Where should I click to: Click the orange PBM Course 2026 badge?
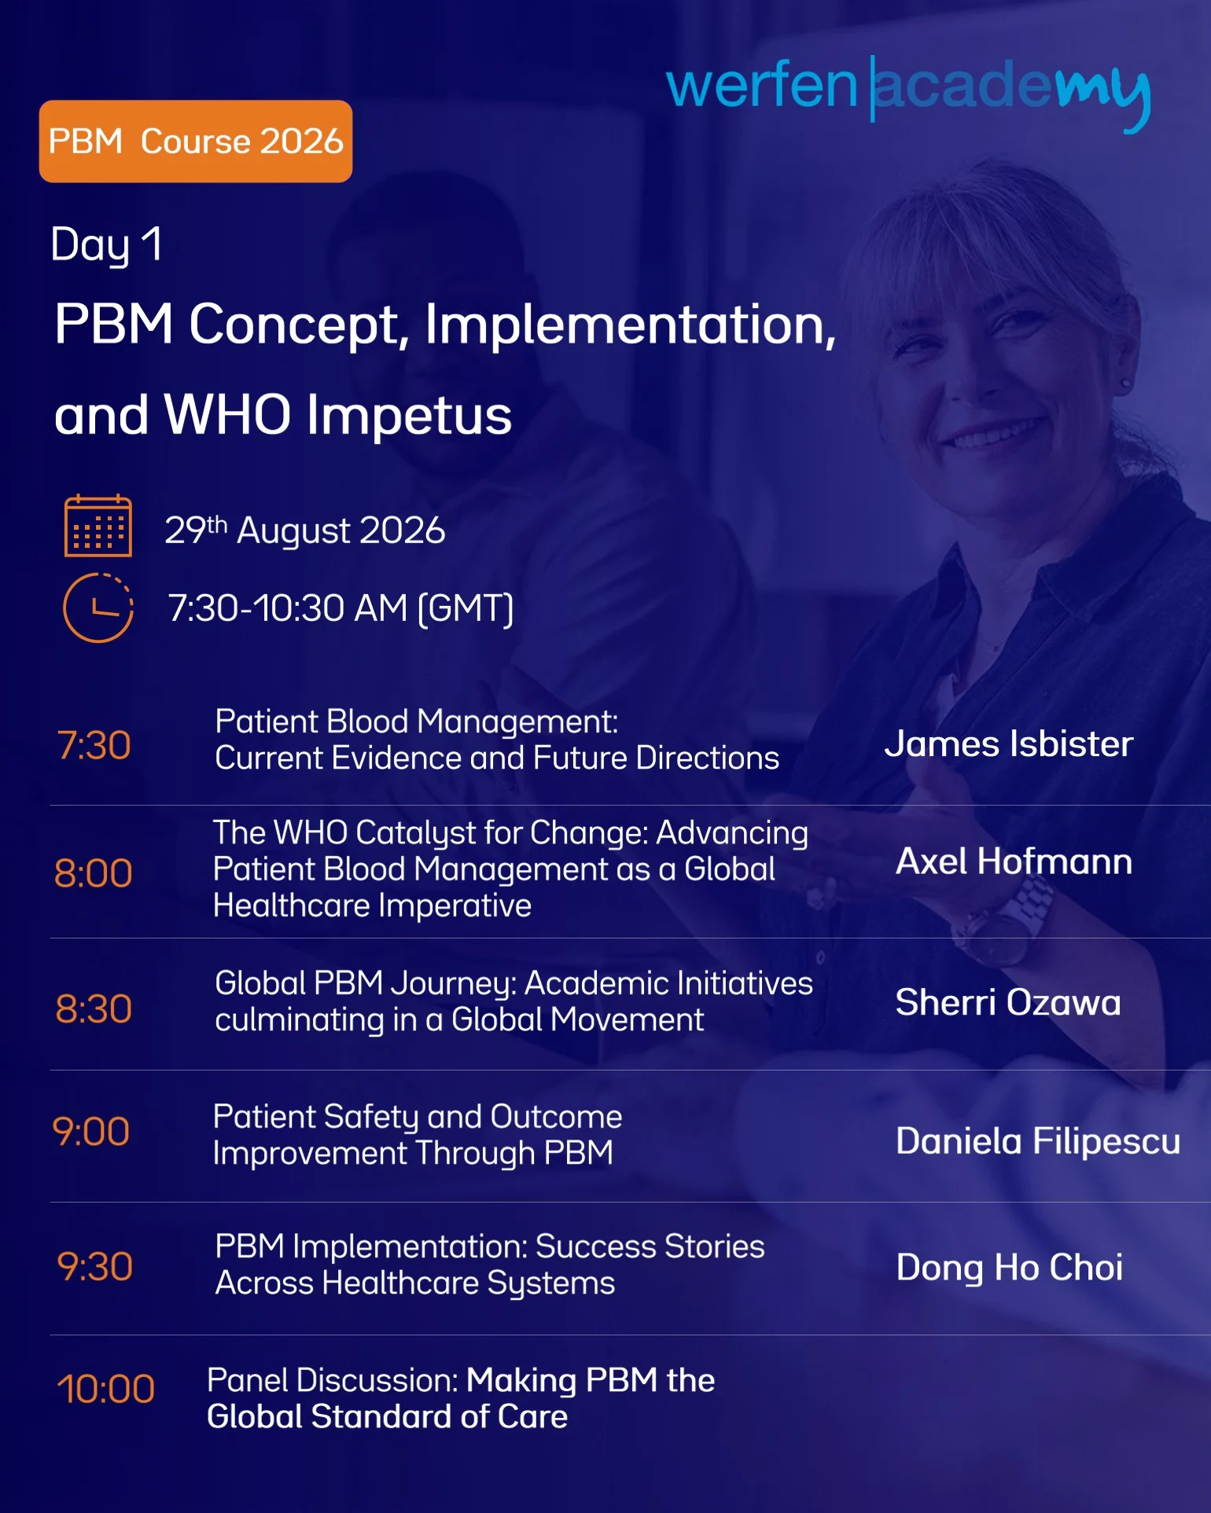coord(196,141)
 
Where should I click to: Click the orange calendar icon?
coord(98,526)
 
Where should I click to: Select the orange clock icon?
coord(98,608)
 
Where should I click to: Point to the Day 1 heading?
coord(107,245)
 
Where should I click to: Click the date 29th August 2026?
coord(305,531)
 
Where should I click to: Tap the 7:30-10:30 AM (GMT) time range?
coord(341,608)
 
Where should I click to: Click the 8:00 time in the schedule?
coord(94,873)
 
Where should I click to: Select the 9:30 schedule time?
coord(94,1267)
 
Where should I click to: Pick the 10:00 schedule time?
coord(105,1389)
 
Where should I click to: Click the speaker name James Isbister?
coord(1009,744)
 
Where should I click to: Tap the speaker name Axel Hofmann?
coord(1014,861)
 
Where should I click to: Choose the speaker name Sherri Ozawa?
coord(1008,1002)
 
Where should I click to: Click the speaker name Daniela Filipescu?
coord(1038,1141)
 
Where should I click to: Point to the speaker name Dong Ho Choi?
coord(1010,1268)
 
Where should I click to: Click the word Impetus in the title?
coord(409,415)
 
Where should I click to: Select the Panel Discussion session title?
coord(461,1398)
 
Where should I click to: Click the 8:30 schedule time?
coord(94,1008)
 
